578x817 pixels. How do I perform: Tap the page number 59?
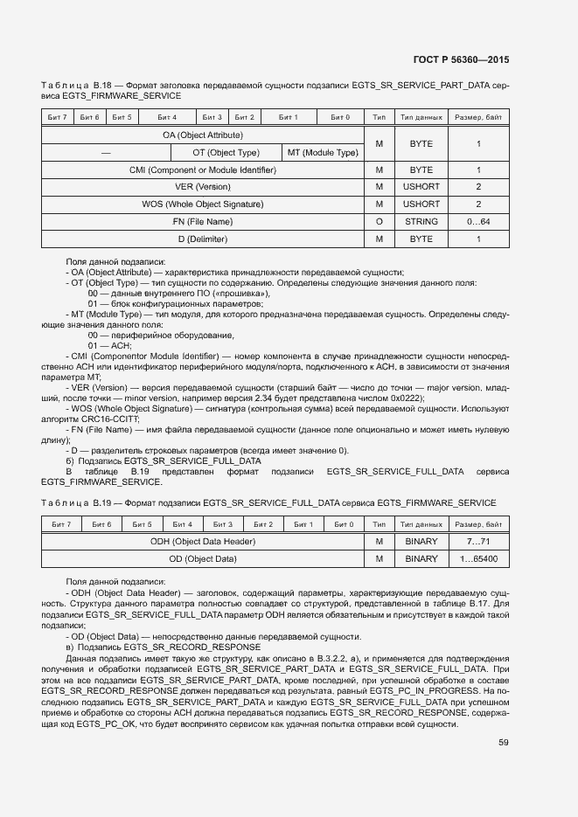[504, 743]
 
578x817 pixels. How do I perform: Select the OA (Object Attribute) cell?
[202, 135]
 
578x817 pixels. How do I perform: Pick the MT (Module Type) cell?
[323, 152]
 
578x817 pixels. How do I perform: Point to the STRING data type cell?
[421, 222]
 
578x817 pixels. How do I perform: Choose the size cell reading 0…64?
[478, 222]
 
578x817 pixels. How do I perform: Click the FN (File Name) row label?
[202, 222]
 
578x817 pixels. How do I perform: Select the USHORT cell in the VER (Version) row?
[421, 187]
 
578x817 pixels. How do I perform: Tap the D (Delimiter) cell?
[202, 239]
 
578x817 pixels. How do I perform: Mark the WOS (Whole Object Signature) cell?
[202, 204]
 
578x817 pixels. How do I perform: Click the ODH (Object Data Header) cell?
[202, 542]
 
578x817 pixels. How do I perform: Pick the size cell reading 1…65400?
[478, 559]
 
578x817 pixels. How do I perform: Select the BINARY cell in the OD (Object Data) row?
[421, 559]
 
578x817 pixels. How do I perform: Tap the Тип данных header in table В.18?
[421, 117]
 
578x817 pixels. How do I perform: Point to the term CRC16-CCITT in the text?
[102, 419]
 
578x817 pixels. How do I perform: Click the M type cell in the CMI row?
[379, 170]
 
